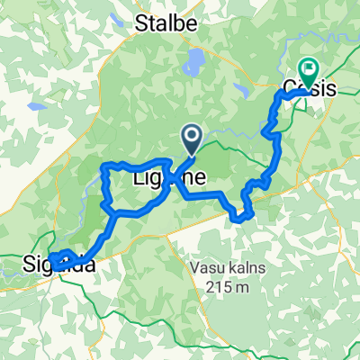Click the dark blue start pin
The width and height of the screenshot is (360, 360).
click(x=193, y=138)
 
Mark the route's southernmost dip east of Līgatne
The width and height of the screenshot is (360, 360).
click(x=239, y=217)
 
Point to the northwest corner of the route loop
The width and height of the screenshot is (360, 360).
click(x=105, y=166)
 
